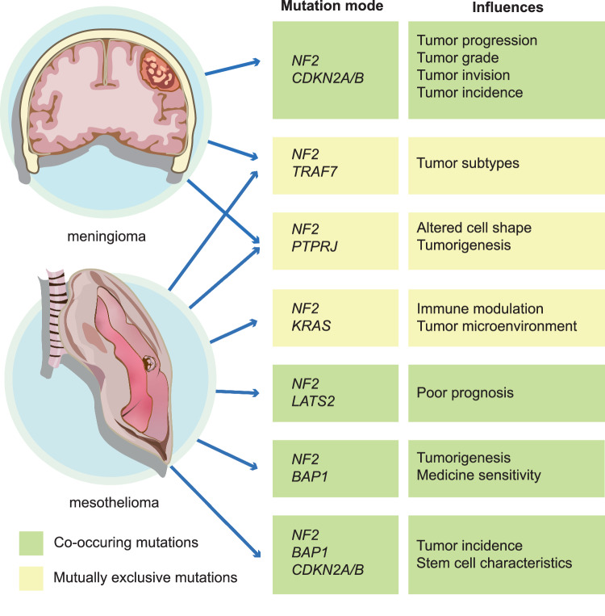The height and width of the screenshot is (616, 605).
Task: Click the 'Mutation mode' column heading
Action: pos(331,8)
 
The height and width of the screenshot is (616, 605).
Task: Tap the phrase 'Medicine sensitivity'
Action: pos(479,474)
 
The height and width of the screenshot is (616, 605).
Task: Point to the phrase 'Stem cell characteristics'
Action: pos(494,562)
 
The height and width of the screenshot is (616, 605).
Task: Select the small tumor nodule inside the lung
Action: pos(148,365)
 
